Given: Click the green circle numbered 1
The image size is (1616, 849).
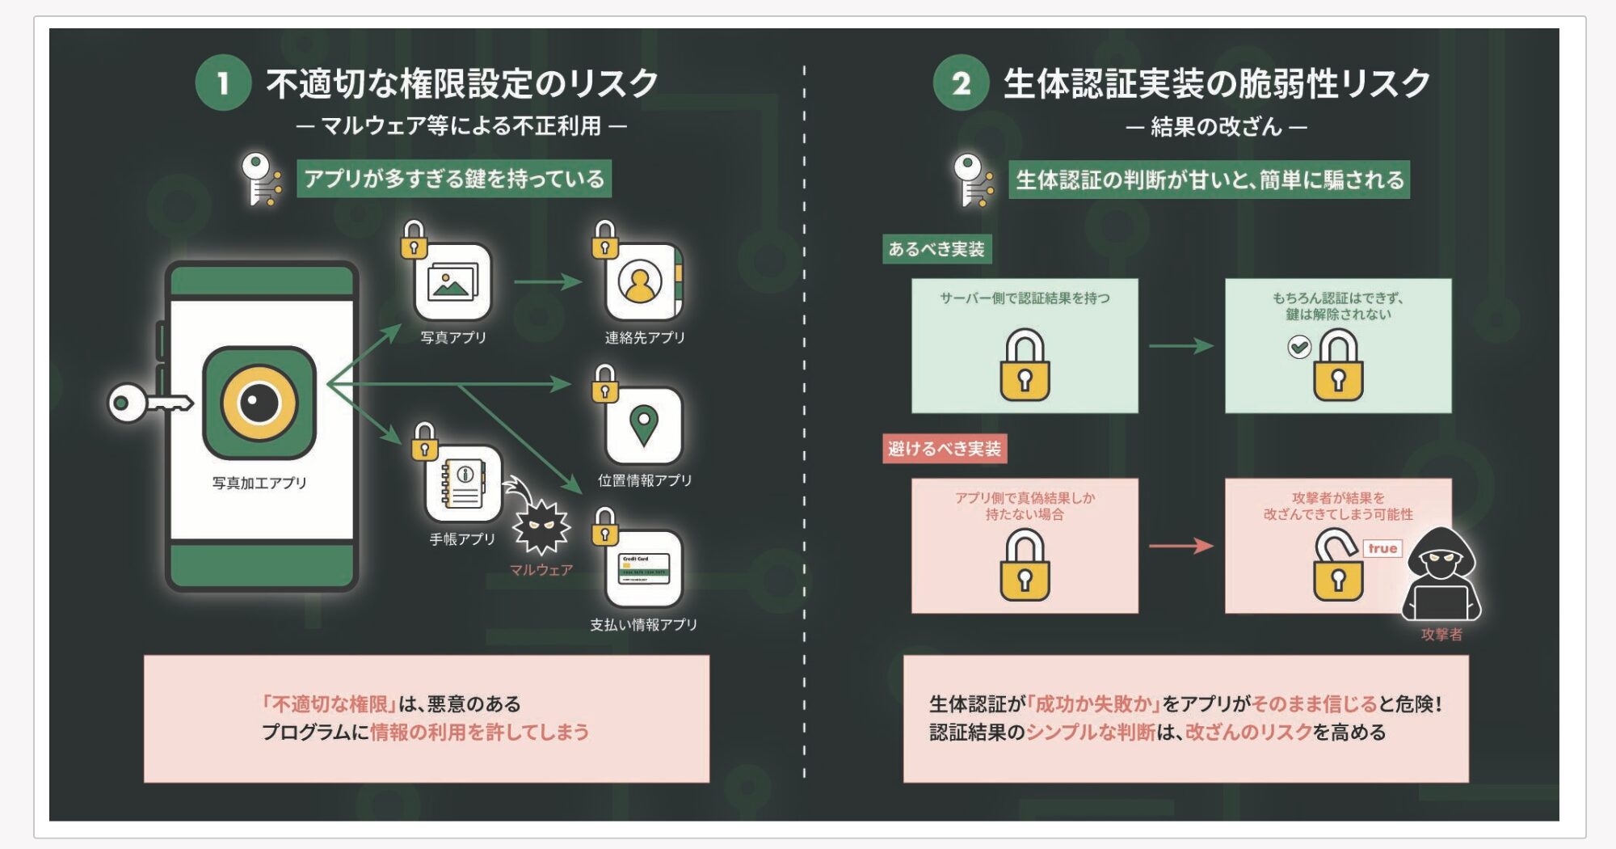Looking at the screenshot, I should coord(223,83).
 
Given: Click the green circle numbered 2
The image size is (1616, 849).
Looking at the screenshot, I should coord(960,83).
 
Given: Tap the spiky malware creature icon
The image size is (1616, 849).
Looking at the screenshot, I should coord(541,526).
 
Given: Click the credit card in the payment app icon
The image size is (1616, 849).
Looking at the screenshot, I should coord(643,568).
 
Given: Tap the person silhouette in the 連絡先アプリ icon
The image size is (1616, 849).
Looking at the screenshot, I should coord(640,282).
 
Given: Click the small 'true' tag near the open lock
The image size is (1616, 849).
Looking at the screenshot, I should coord(1382,548).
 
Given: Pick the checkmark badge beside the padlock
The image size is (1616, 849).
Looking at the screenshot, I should coord(1298,348).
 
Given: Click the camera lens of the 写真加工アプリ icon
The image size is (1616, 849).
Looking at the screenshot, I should coord(259,402).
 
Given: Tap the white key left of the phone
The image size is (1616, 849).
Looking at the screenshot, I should coord(149,402).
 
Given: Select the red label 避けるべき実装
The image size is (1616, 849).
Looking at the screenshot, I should coord(944,449).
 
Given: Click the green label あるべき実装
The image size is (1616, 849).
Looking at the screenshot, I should coord(936,249).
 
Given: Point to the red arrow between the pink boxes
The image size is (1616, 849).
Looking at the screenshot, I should coord(1180,547).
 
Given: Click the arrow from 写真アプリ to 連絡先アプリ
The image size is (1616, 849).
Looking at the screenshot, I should coord(547,282).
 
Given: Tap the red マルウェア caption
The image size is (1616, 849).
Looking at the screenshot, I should coord(541,570).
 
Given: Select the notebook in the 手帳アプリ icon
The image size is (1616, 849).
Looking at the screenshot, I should coord(463,483).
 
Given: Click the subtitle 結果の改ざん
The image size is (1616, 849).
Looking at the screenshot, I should coord(1216,127).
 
